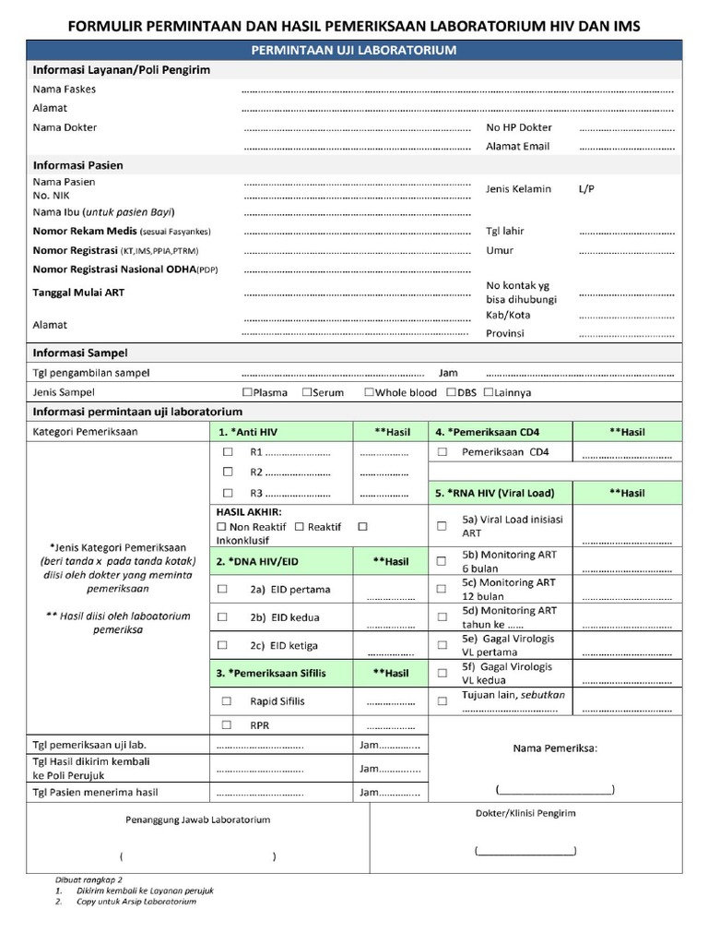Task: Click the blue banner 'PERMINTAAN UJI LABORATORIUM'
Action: pos(354,50)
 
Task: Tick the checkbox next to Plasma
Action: pos(247,392)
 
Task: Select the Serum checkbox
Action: pos(307,392)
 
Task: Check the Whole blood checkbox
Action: pos(369,392)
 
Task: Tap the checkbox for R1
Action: pos(228,453)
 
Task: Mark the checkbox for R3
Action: pos(228,493)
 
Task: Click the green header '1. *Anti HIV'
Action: pos(247,432)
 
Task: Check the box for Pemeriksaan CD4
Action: pos(442,453)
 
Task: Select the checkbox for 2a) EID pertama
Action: pos(222,589)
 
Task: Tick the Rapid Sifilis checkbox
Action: pos(222,701)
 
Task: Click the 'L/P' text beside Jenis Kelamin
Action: pos(586,188)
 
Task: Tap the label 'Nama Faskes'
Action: pos(64,90)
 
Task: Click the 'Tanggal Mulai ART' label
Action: pos(78,293)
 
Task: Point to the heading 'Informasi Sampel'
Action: pos(80,353)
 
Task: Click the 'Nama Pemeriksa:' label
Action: pos(555,748)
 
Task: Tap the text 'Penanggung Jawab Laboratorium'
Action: pos(198,819)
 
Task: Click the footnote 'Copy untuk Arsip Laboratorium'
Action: pos(136,902)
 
